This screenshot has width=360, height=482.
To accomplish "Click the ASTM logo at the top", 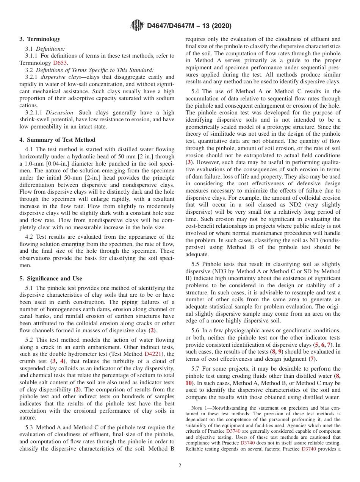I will coord(137,26).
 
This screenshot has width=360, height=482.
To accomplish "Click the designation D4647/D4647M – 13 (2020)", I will coord(189,26).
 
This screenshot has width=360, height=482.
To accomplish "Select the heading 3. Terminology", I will coord(40,39).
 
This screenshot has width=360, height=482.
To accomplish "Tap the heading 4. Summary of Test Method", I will coord(57,140).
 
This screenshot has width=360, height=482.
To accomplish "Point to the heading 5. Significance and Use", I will coord(50,279).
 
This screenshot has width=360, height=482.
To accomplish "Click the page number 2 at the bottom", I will coord(180,466).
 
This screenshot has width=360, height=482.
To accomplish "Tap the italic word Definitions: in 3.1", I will coord(50,49).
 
